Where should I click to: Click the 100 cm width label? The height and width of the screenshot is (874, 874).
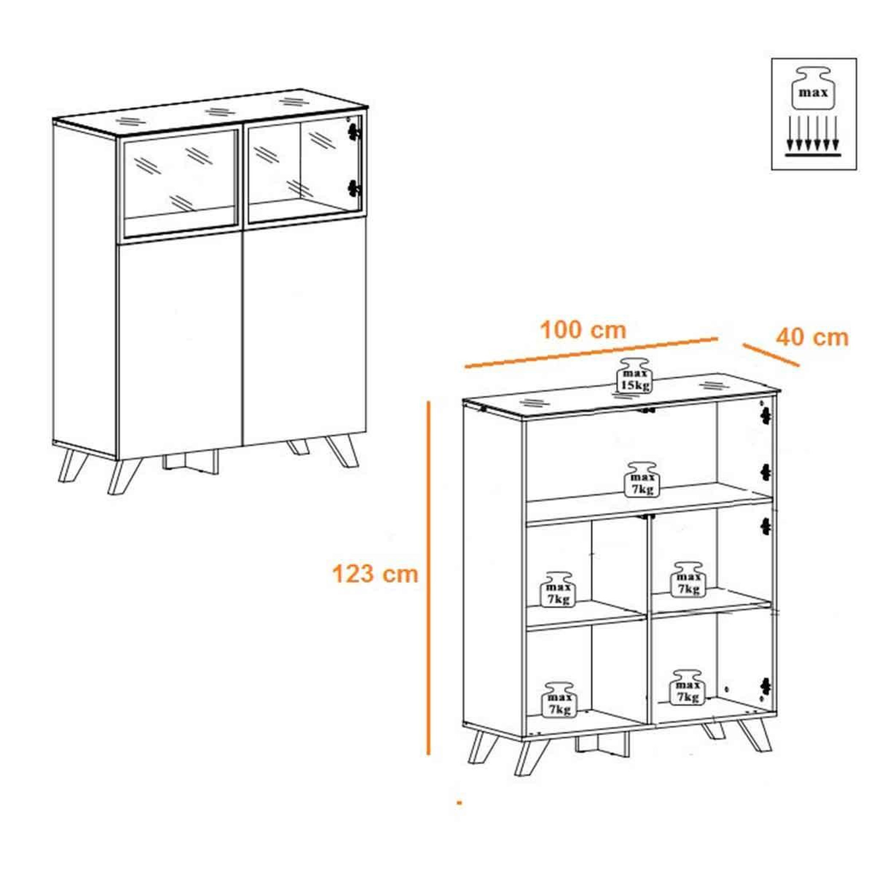coord(583,331)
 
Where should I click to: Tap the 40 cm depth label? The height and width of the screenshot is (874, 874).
coord(813,338)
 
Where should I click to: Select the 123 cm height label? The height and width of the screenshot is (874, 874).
coord(375,574)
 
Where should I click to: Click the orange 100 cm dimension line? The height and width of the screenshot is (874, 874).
coord(591,353)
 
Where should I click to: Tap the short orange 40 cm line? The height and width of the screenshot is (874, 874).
coord(771,355)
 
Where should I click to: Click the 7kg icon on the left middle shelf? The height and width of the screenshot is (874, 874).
coord(558,589)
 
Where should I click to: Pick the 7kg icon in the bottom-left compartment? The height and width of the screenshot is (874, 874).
coord(559,699)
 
